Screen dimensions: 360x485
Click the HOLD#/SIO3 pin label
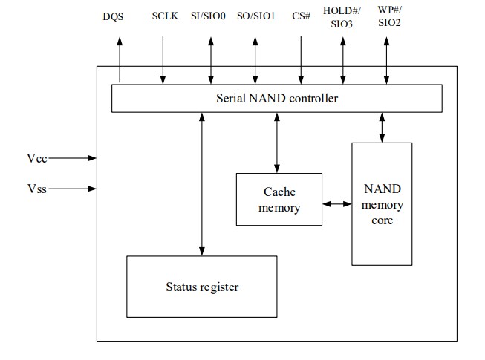343,16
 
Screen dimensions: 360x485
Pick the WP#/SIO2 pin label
387,16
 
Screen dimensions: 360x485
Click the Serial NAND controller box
276,98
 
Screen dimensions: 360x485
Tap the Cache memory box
279,200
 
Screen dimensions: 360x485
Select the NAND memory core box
382,204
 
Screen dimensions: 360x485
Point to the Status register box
202,286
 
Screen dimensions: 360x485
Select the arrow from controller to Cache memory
278,143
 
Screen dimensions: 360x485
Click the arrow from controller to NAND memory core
382,127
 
